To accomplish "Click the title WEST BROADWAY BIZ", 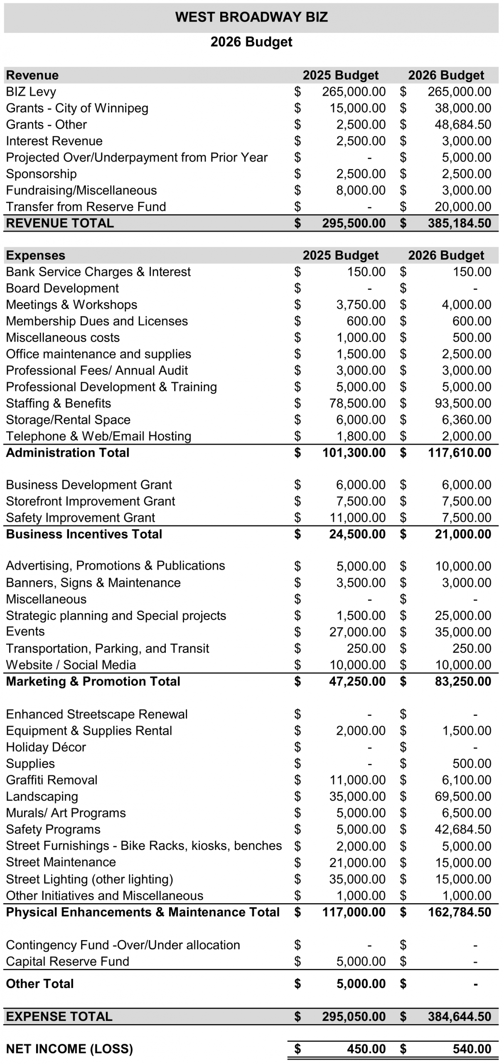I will pyautogui.click(x=251, y=17).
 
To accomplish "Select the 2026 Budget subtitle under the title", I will pyautogui.click(x=251, y=42).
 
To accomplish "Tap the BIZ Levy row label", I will pyautogui.click(x=31, y=92).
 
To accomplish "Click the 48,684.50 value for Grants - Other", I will pyautogui.click(x=463, y=125).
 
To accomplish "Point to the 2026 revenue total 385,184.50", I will pyautogui.click(x=460, y=223).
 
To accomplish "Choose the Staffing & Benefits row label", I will pyautogui.click(x=59, y=403).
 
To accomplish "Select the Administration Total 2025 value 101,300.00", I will pyautogui.click(x=354, y=453).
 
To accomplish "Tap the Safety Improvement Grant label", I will pyautogui.click(x=81, y=517).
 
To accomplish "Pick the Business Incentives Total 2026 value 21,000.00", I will pyautogui.click(x=463, y=534).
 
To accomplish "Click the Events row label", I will pyautogui.click(x=25, y=632).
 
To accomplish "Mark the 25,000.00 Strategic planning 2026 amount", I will pyautogui.click(x=463, y=616).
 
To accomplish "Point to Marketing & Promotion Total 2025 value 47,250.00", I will pyautogui.click(x=357, y=681).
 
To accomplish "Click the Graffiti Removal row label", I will pyautogui.click(x=52, y=780).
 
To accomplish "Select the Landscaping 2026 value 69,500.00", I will pyautogui.click(x=463, y=796).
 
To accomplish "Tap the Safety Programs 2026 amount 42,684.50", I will pyautogui.click(x=463, y=829).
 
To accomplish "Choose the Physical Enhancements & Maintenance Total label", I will pyautogui.click(x=143, y=912).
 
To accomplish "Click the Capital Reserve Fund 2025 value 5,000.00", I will pyautogui.click(x=361, y=961).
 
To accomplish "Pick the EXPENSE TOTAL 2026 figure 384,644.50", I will pyautogui.click(x=460, y=1017).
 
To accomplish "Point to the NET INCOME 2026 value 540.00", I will pyautogui.click(x=472, y=1049).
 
